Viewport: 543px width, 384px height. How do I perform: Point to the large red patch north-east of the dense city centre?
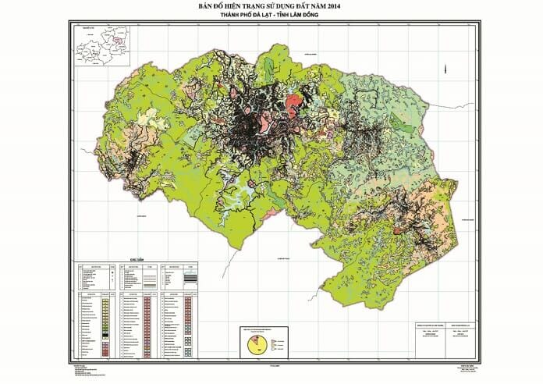(x=294, y=101)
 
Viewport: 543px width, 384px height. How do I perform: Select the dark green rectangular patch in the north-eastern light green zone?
(x=399, y=123)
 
